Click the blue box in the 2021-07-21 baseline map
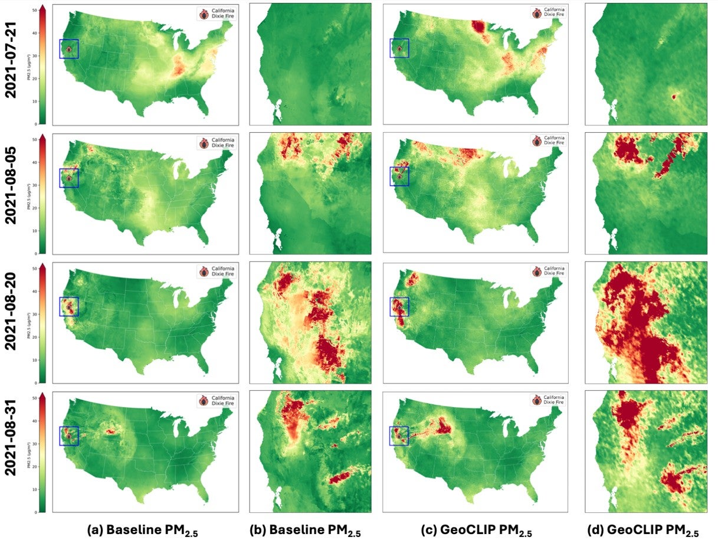pyautogui.click(x=69, y=49)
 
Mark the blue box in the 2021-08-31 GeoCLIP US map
pyautogui.click(x=399, y=436)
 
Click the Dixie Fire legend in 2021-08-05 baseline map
pyautogui.click(x=215, y=142)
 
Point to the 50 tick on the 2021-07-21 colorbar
pyautogui.click(x=35, y=11)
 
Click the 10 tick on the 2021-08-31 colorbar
pyautogui.click(x=35, y=489)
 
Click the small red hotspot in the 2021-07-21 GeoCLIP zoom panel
pyautogui.click(x=673, y=96)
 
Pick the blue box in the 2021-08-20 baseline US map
pyautogui.click(x=69, y=306)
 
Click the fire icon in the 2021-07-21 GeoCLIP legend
pyautogui.click(x=536, y=12)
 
